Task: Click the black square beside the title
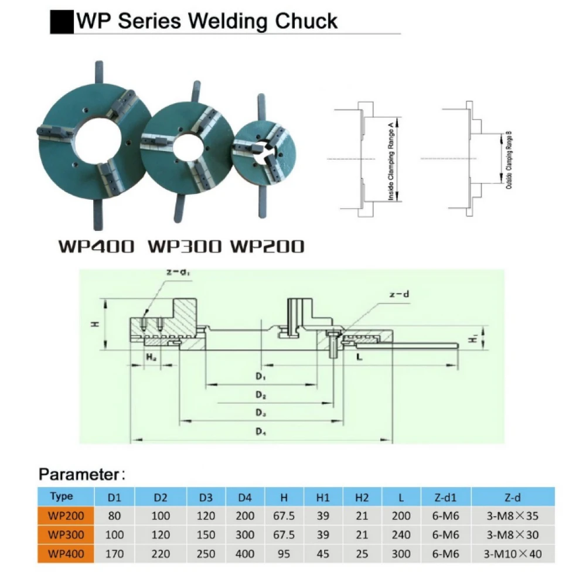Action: tap(61, 22)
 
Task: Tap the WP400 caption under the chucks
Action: tap(96, 246)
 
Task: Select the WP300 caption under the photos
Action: tap(185, 246)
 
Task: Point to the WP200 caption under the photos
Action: tap(267, 246)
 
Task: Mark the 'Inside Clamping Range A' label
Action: tap(391, 159)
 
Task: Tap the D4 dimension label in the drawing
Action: tap(261, 432)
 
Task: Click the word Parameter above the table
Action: tap(79, 473)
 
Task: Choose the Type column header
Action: tap(62, 497)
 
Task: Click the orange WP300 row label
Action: tap(66, 534)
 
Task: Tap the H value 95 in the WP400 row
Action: tap(284, 553)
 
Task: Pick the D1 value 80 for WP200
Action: tap(115, 516)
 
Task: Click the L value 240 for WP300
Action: tap(401, 534)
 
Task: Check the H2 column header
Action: tap(362, 498)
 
